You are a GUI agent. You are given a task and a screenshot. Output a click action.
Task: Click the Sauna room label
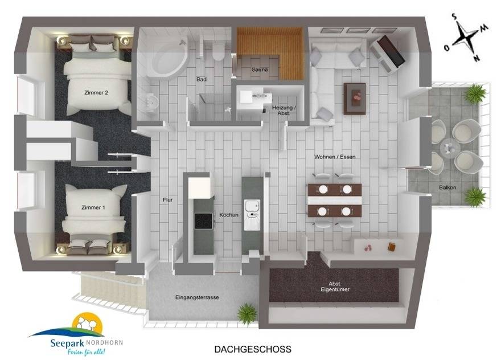point(260,69)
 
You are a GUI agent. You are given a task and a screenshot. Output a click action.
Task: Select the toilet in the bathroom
point(219,52)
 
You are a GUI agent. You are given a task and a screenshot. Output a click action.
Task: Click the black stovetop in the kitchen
point(203,221)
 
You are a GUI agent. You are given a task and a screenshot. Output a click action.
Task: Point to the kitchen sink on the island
point(252,215)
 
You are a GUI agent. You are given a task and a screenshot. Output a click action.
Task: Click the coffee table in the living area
point(355,99)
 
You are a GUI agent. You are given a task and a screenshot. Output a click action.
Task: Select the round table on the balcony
point(450,148)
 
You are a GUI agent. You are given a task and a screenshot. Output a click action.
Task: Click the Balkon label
point(447,187)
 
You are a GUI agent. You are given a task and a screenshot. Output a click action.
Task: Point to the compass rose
point(467,38)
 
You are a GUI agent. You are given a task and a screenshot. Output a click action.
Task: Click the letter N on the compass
point(477,58)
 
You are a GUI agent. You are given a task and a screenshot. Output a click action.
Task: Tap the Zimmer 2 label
point(96,93)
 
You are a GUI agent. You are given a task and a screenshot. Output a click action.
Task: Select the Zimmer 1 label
point(93,207)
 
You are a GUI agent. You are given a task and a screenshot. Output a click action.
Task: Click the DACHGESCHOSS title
point(253,349)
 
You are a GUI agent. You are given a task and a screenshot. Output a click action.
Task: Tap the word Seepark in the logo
point(67,343)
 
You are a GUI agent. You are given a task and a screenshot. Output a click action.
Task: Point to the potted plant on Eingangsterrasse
point(247,313)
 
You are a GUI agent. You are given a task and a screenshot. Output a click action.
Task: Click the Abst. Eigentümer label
point(335,287)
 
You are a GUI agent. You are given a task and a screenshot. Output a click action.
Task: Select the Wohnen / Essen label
point(335,157)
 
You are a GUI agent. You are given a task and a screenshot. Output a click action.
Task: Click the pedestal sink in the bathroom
point(152,103)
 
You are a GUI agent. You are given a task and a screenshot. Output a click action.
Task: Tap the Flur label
point(168,200)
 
